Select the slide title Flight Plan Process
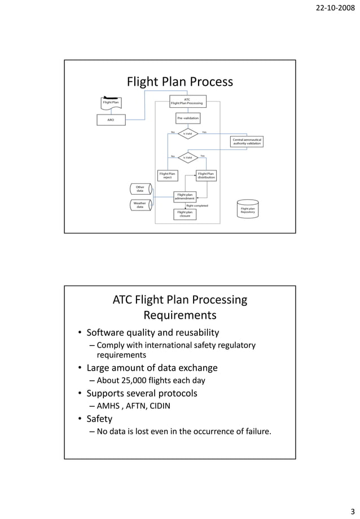tap(179, 82)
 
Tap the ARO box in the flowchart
tap(111, 120)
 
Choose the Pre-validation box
tap(187, 118)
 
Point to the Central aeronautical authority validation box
tap(247, 142)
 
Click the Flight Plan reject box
tap(167, 175)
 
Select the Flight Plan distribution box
tap(206, 175)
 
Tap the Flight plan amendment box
tap(186, 196)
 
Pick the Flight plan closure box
tap(185, 214)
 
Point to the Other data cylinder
tap(140, 189)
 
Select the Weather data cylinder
tap(140, 205)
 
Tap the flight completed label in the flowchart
tap(197, 206)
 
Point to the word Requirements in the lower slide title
tap(179, 315)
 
